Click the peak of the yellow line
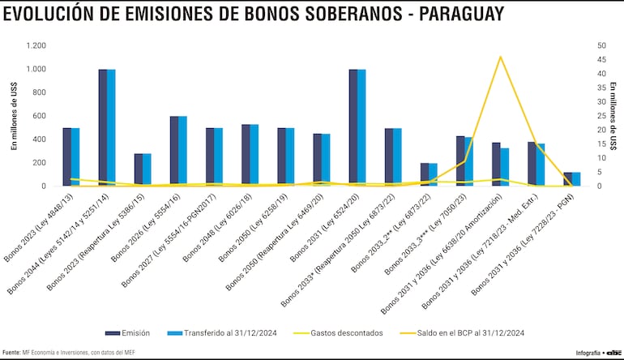pos(501,57)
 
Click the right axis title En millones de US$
pos(613,115)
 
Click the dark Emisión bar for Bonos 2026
pos(174,151)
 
